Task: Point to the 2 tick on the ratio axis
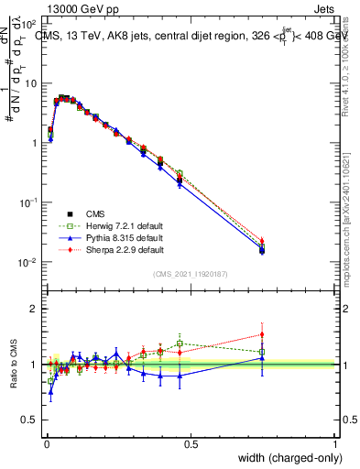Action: [x=34, y=309]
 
